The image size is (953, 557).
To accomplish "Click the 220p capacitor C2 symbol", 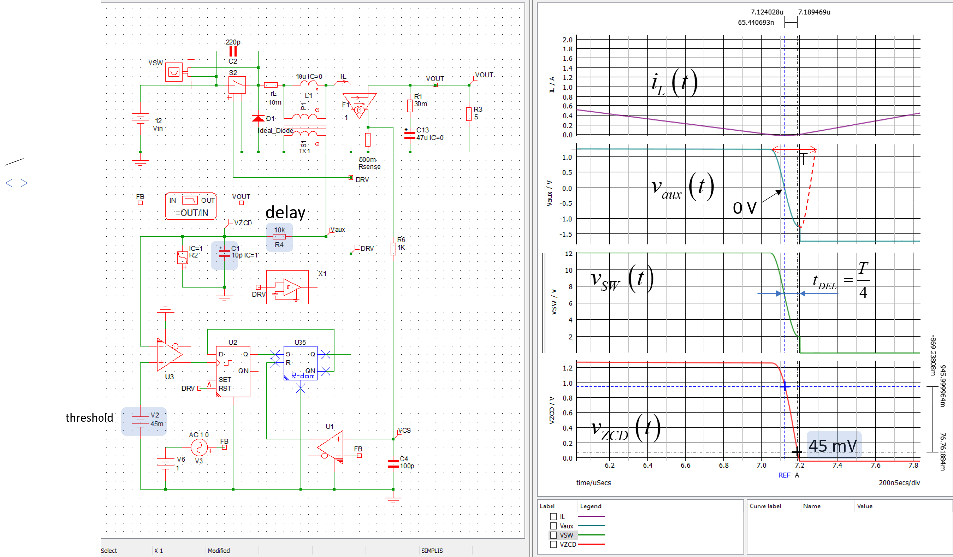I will click(x=233, y=51).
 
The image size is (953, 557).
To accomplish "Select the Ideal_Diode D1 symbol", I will click(x=258, y=118).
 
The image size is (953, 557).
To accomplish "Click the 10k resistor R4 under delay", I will click(x=279, y=237).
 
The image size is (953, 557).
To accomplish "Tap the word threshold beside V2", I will click(x=89, y=418).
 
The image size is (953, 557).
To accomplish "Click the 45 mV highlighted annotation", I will click(x=833, y=446).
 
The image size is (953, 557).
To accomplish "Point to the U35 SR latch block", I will click(x=301, y=362).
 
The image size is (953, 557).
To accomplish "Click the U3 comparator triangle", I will click(x=169, y=354).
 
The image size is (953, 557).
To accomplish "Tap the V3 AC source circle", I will click(x=199, y=448).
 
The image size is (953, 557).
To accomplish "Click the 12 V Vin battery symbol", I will click(x=140, y=119).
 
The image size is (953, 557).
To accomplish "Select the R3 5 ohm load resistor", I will click(x=468, y=114).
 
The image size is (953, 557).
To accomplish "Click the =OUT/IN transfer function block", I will click(x=191, y=206).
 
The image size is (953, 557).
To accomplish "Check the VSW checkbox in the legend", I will click(x=553, y=535).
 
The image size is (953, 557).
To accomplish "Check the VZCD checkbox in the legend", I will click(x=553, y=544).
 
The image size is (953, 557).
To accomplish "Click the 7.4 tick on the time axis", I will click(x=837, y=465).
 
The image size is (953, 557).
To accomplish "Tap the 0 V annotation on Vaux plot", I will click(x=745, y=208).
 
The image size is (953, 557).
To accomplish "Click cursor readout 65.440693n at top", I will click(x=755, y=23).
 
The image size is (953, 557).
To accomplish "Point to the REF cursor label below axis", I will click(x=784, y=475).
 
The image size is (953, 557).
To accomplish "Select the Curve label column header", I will click(x=765, y=506).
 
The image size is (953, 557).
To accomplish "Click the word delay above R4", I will click(x=285, y=212).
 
